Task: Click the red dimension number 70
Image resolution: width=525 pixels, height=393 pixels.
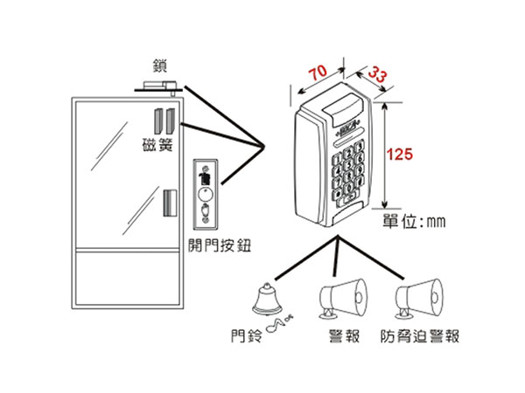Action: [317, 70]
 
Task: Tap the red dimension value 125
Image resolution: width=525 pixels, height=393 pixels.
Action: [398, 155]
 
